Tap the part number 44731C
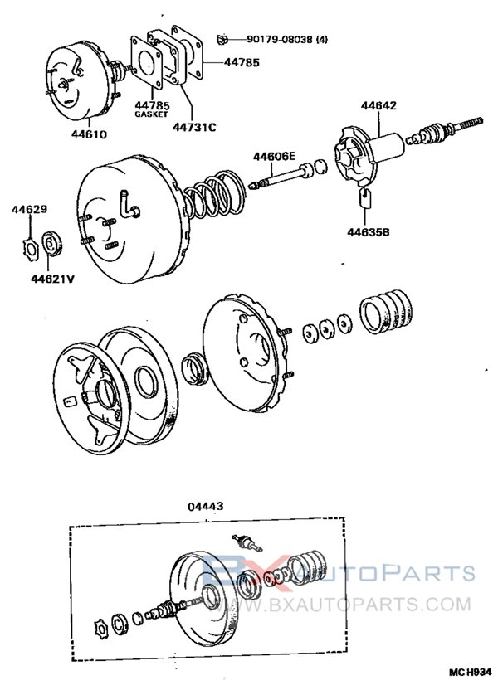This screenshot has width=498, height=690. [195, 126]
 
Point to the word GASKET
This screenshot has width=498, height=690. [151, 114]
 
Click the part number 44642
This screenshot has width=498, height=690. [378, 105]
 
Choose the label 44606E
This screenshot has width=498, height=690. [273, 156]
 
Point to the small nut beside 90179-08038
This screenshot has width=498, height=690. [222, 38]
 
